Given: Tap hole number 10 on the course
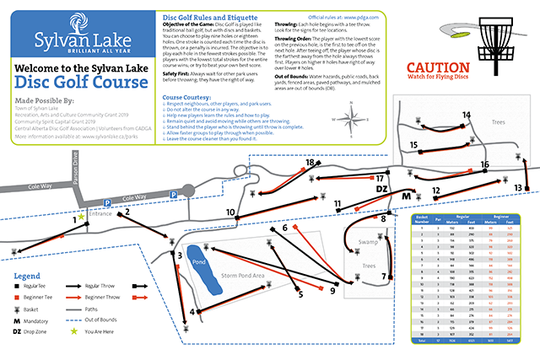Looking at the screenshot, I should [229, 212].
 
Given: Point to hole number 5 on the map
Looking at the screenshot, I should [300, 294].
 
